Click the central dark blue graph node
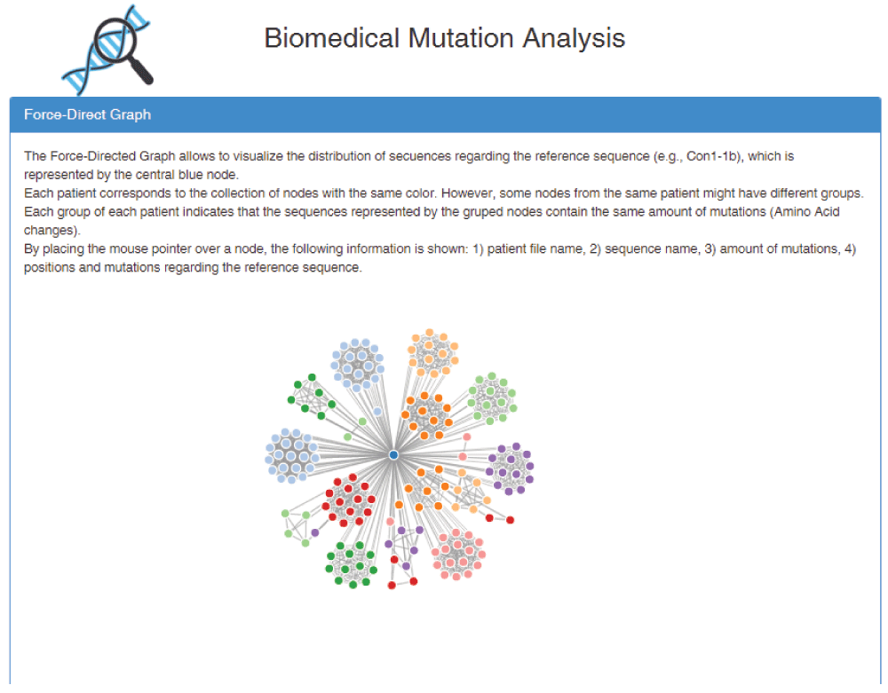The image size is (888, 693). point(393,454)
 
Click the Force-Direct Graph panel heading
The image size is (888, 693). point(87,114)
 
